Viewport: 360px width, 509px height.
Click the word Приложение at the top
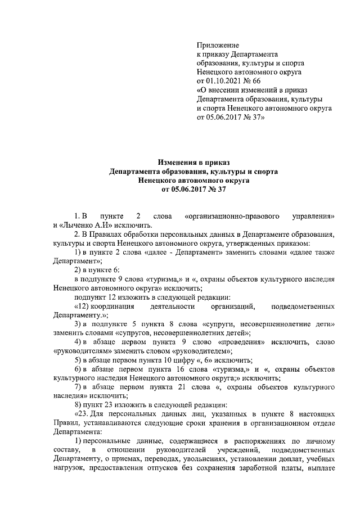point(218,45)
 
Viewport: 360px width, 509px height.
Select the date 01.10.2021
point(226,82)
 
